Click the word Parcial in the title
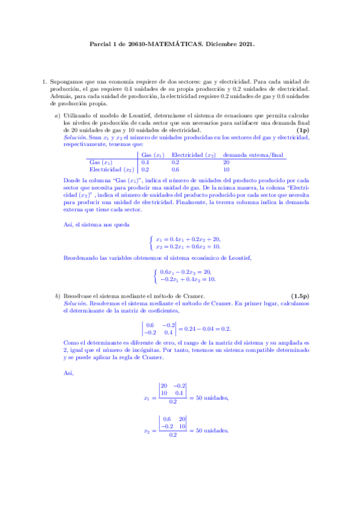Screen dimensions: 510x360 click(x=100, y=44)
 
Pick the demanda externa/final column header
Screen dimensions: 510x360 click(x=252, y=155)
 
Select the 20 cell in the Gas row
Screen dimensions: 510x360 click(x=226, y=162)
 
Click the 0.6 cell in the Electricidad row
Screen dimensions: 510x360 click(x=175, y=170)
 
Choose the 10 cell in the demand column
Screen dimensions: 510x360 click(x=226, y=170)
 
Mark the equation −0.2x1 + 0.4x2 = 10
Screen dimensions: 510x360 click(x=188, y=279)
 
